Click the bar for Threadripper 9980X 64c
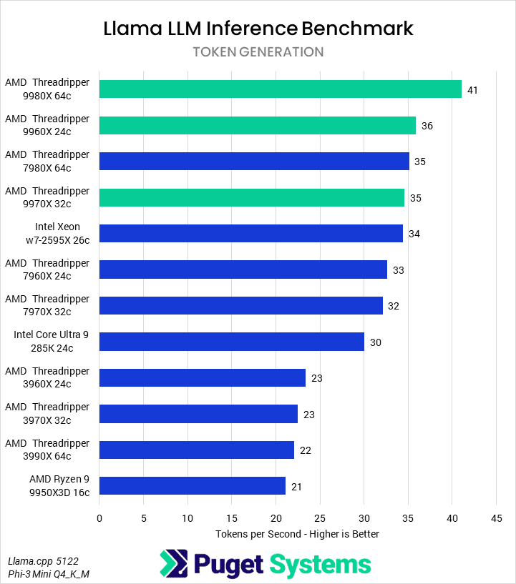point(281,89)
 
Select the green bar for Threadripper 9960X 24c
point(258,125)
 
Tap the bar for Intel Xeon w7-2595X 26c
point(251,234)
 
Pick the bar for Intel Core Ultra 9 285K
point(232,342)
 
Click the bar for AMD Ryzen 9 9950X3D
point(193,486)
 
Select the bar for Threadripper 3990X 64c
point(197,450)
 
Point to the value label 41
point(472,90)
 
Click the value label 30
point(376,342)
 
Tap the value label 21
point(296,487)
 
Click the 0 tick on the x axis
point(99,517)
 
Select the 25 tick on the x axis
point(320,517)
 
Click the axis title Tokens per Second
point(297,534)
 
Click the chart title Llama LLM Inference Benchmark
point(258,29)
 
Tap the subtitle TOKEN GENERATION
point(258,52)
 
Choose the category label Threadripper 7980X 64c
point(47,162)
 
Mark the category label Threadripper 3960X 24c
point(47,377)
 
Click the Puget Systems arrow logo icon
point(175,564)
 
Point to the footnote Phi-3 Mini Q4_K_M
point(49,575)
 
